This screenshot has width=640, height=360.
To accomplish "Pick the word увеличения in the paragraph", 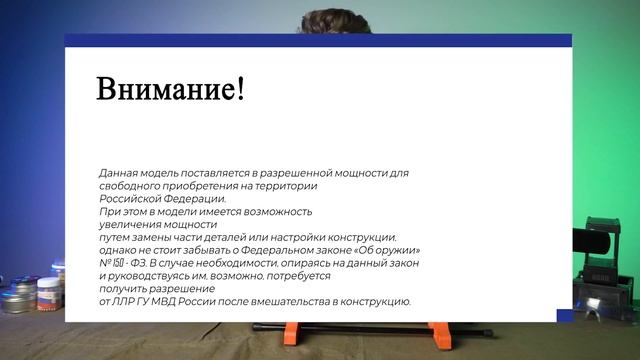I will pyautogui.click(x=130, y=224).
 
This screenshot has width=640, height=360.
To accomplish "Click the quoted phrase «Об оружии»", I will pyautogui.click(x=387, y=250).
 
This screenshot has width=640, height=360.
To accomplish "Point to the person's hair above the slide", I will pyautogui.click(x=320, y=18).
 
